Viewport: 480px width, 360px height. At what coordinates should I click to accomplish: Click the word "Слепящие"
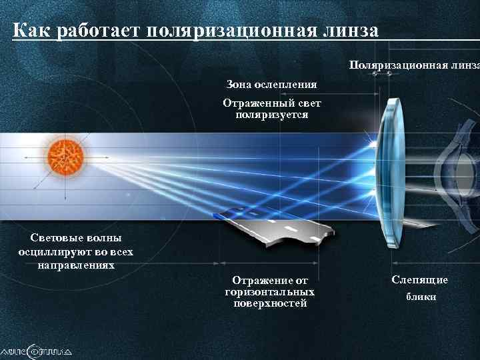419,280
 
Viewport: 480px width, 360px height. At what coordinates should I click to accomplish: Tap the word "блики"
421,297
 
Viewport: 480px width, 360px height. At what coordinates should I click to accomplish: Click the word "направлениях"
75,265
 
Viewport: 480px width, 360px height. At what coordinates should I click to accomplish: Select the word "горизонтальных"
270,292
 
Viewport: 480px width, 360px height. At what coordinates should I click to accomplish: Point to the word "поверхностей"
270,303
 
